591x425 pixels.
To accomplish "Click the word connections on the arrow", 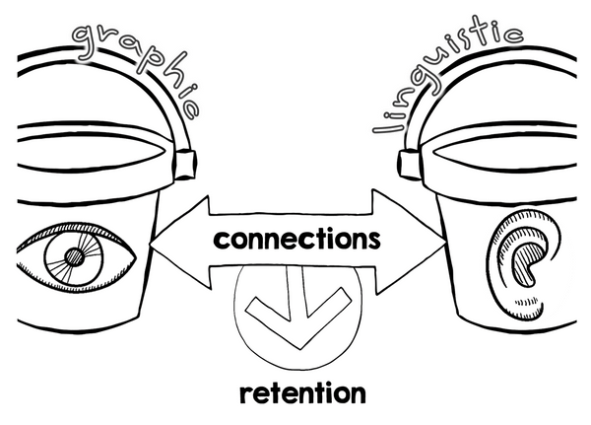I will tap(296, 240).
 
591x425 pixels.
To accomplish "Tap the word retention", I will tap(302, 392).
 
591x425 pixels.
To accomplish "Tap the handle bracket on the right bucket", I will tap(403, 161).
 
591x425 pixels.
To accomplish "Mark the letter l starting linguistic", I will tap(387, 129).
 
